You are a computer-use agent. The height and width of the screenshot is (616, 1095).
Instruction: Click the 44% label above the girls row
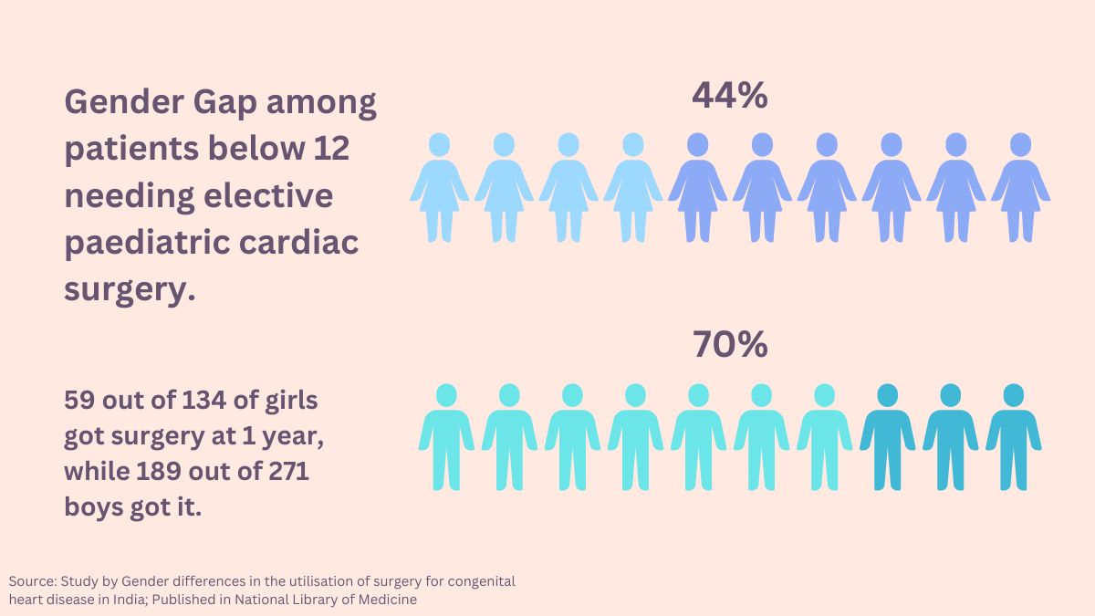(x=729, y=95)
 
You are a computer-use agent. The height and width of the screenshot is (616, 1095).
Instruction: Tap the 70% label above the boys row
(x=729, y=344)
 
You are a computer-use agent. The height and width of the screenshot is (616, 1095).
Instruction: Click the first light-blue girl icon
(x=439, y=187)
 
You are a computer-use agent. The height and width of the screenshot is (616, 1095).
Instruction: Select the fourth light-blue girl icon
(x=632, y=187)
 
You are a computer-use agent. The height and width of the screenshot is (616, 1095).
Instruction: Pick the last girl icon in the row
(x=1020, y=187)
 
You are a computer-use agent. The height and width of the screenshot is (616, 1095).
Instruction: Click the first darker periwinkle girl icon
(x=697, y=187)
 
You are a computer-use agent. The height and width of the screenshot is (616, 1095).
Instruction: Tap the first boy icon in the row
(x=446, y=436)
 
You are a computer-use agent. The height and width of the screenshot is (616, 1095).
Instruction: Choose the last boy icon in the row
(x=1013, y=436)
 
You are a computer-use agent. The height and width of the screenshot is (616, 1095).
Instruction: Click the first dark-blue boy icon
(x=887, y=436)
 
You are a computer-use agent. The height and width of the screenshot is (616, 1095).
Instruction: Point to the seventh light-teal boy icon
(x=824, y=436)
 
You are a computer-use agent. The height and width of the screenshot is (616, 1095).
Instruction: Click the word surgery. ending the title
(x=130, y=290)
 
